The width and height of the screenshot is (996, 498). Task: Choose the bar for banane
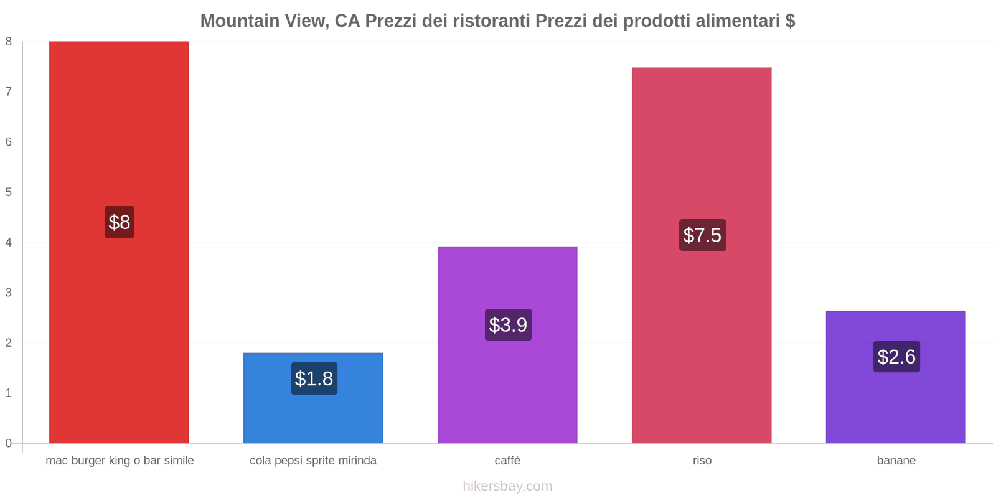click(x=896, y=405)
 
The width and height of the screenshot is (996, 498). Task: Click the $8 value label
click(x=120, y=222)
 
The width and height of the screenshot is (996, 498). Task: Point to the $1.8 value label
click(x=314, y=378)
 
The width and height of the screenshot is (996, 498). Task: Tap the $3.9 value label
click(x=508, y=325)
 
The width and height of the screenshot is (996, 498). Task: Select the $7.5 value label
click(x=702, y=235)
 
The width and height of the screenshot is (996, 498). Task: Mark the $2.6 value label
click(x=896, y=357)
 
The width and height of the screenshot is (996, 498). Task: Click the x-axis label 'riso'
click(x=702, y=461)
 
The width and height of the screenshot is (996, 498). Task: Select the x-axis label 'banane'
click(x=896, y=461)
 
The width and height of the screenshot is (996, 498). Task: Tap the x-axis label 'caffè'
click(x=507, y=461)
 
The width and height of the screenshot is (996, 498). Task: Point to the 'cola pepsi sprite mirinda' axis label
click(x=313, y=461)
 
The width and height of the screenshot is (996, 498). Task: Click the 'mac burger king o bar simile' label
click(x=120, y=461)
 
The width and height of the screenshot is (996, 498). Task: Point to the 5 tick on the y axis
click(x=9, y=192)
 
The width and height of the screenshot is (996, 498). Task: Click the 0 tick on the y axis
click(x=9, y=443)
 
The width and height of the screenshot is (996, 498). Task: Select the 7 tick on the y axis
click(x=9, y=92)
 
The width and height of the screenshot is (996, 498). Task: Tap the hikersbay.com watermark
click(x=507, y=486)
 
